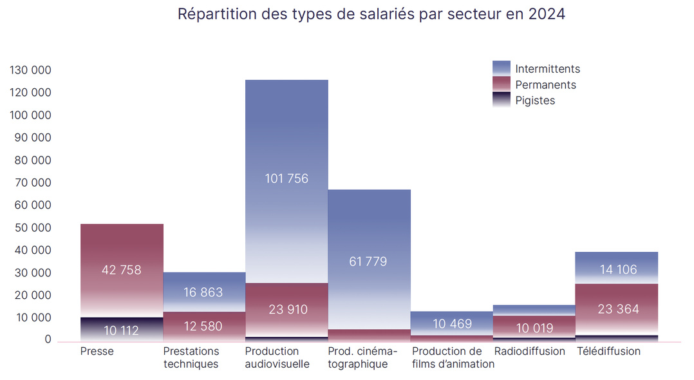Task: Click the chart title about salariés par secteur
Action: [371, 14]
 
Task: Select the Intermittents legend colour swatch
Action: [501, 68]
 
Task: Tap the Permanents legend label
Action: [545, 84]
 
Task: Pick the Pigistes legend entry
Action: [534, 100]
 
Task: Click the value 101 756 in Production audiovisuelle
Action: [286, 178]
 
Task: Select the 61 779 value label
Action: [369, 261]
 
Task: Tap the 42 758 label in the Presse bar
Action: [121, 270]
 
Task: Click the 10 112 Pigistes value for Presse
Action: [121, 331]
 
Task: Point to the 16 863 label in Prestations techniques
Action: [203, 292]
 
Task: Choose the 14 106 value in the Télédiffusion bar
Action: [616, 270]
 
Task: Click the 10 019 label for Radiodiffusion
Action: [534, 328]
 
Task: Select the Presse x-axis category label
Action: [97, 351]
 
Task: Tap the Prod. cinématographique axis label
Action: [362, 357]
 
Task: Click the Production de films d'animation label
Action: [453, 357]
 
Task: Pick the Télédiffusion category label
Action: [608, 351]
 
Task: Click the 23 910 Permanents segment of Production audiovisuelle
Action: [286, 310]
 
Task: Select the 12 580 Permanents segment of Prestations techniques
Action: [203, 327]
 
